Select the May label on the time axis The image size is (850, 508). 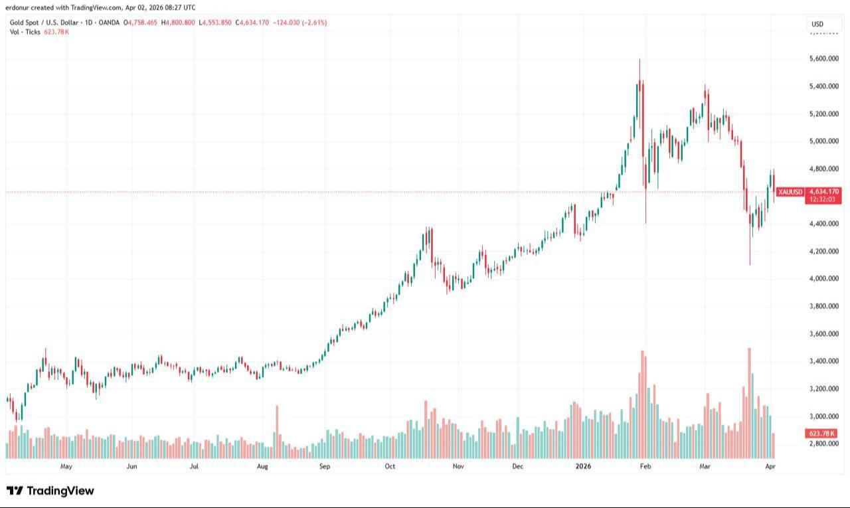(66, 466)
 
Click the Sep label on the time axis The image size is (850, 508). (324, 466)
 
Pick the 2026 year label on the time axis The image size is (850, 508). (583, 466)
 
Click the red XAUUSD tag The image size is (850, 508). (790, 192)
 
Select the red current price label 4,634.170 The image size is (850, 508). (823, 192)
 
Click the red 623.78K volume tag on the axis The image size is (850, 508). (823, 434)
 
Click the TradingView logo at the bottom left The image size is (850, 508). (50, 491)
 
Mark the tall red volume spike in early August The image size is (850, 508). (276, 432)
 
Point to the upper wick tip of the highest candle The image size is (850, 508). (639, 59)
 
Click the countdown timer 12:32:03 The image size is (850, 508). (823, 199)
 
